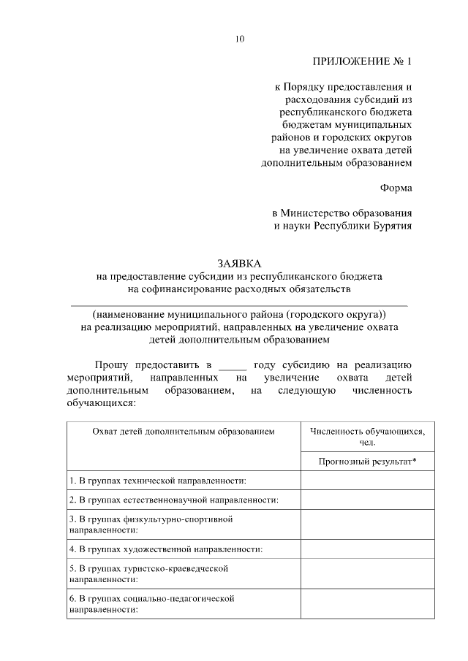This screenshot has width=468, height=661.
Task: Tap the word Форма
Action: (x=396, y=188)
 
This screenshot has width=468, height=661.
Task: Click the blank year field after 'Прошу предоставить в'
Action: (x=233, y=364)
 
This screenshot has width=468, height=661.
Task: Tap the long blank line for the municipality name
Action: (x=238, y=303)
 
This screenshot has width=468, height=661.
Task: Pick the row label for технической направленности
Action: (x=157, y=481)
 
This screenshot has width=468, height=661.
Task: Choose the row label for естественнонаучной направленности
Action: (x=174, y=500)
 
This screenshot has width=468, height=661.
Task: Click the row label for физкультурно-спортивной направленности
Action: (x=151, y=524)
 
